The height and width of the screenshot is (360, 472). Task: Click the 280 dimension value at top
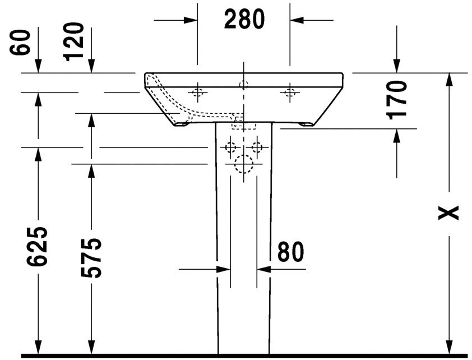(244, 20)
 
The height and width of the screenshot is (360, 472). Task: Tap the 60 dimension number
(21, 43)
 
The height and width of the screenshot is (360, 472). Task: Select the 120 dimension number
(74, 41)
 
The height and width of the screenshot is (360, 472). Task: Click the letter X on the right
(449, 212)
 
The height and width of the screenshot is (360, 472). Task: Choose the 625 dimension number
(38, 246)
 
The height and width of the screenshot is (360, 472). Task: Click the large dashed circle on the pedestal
(244, 164)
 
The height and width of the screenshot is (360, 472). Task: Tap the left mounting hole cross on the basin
(197, 91)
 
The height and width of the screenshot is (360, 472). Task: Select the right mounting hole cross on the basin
(290, 91)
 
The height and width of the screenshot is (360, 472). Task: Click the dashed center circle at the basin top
(244, 85)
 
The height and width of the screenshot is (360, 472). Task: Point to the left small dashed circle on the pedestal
(230, 147)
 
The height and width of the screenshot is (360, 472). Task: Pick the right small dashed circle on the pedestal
(257, 147)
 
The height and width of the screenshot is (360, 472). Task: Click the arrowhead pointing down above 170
(397, 66)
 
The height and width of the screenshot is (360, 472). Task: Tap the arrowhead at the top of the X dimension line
(449, 80)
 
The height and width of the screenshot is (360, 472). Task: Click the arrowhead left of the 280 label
(191, 20)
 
